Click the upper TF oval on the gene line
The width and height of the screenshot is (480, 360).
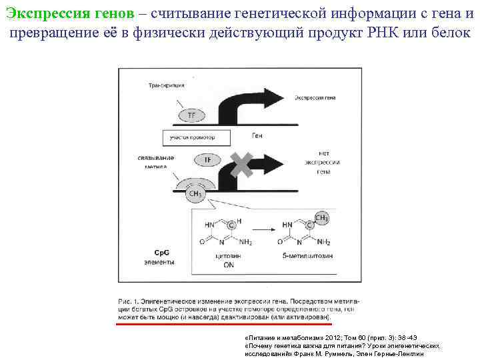tap(192, 115)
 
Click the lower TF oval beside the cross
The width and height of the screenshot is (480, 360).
tap(207, 161)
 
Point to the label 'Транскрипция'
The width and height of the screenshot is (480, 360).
tap(166, 85)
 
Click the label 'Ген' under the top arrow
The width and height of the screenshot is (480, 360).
tap(258, 135)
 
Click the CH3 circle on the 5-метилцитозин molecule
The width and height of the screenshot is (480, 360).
tap(321, 218)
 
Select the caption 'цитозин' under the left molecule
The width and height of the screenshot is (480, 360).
tap(229, 255)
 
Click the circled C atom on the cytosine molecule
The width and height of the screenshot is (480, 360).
tap(231, 225)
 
